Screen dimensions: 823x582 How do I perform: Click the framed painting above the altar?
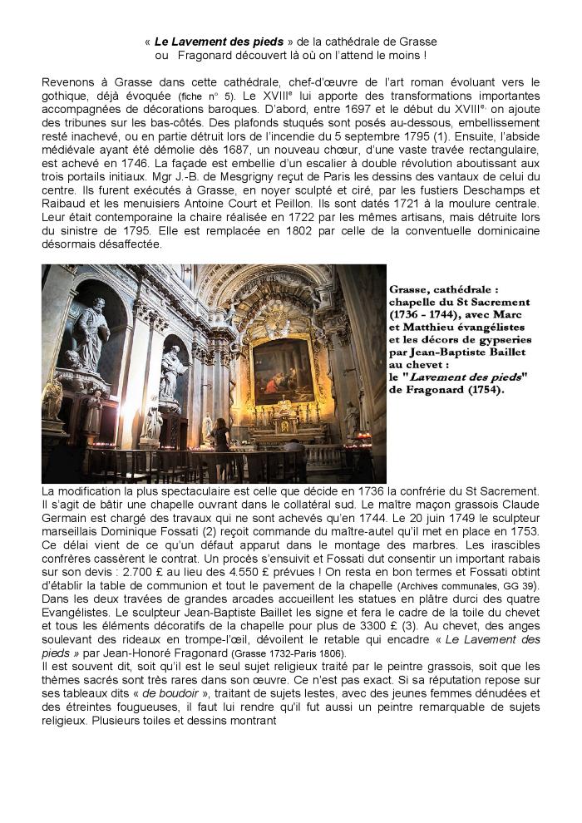tap(283, 371)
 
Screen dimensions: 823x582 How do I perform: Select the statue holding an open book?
tap(171, 366)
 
